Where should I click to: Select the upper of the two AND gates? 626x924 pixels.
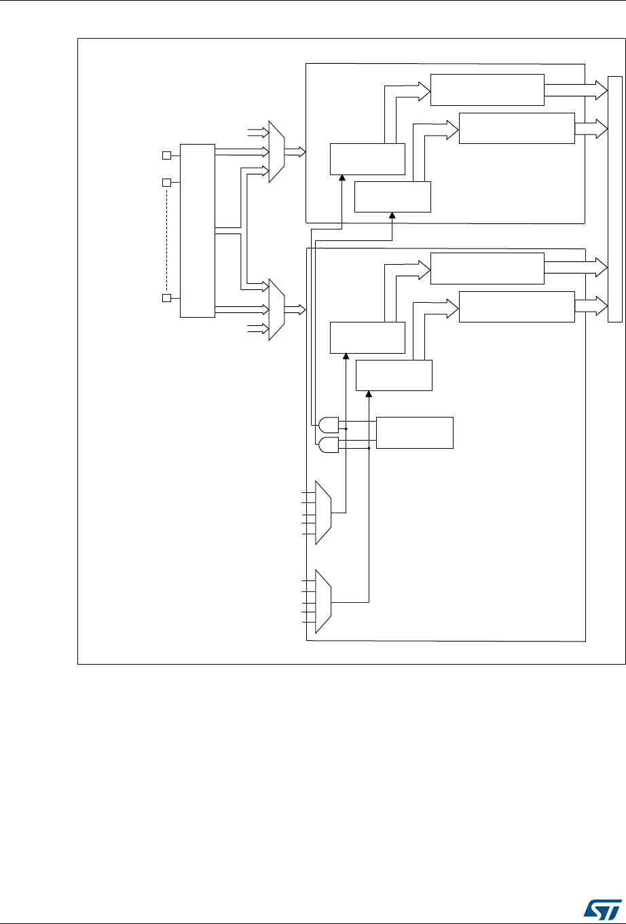coord(329,425)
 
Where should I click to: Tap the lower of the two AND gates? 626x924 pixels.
coord(329,445)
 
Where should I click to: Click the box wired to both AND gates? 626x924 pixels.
coord(414,432)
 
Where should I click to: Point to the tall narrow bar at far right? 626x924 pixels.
coord(615,199)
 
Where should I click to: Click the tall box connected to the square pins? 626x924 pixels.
coord(197,230)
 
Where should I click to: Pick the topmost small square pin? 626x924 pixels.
coord(166,155)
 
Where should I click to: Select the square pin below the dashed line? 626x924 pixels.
coord(166,297)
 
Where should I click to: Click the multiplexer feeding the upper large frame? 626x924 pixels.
coord(277,152)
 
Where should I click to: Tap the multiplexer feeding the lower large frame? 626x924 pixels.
coord(277,309)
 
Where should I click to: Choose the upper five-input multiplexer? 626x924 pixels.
coord(323,513)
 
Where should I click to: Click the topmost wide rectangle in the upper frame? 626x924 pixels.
coord(487,90)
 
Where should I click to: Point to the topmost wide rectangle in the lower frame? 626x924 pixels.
coord(487,268)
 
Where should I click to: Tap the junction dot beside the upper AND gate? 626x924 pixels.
coord(346,429)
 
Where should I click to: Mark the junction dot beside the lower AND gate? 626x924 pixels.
coord(369,449)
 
